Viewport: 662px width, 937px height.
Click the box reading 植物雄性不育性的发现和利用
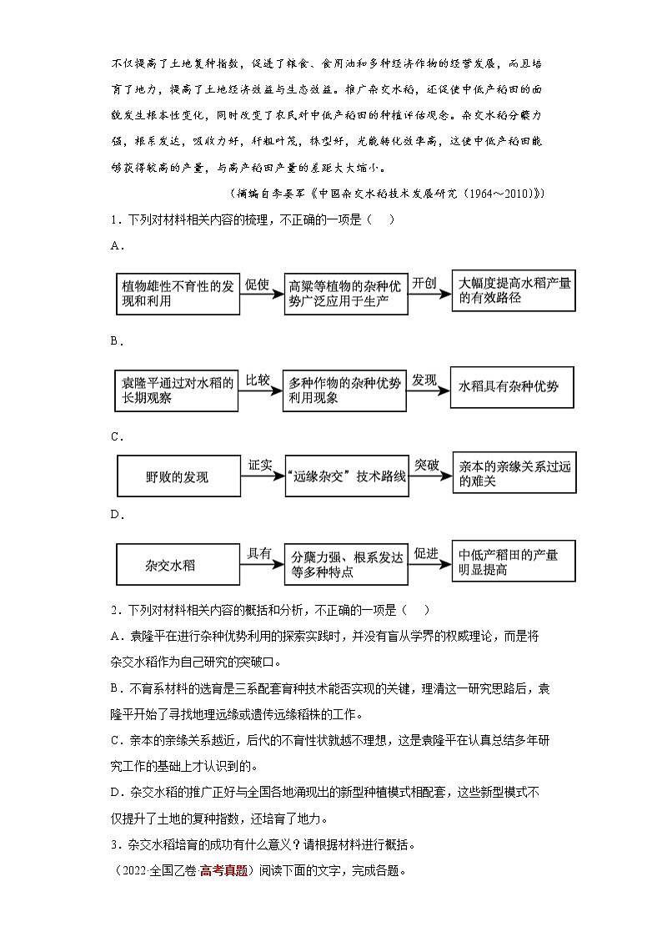[x=176, y=293]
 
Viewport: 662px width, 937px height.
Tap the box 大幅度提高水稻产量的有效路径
[x=513, y=290]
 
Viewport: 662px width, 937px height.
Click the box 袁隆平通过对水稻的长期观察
[x=176, y=390]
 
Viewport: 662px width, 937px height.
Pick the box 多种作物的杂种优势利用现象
[x=344, y=390]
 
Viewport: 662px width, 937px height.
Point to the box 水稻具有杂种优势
[x=512, y=387]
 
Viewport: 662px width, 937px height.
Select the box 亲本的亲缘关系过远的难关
[x=513, y=474]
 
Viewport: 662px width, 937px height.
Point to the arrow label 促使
[x=258, y=284]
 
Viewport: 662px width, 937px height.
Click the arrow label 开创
[x=424, y=282]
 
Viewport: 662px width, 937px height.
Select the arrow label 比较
[x=258, y=380]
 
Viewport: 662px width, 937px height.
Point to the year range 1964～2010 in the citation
[x=498, y=194]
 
